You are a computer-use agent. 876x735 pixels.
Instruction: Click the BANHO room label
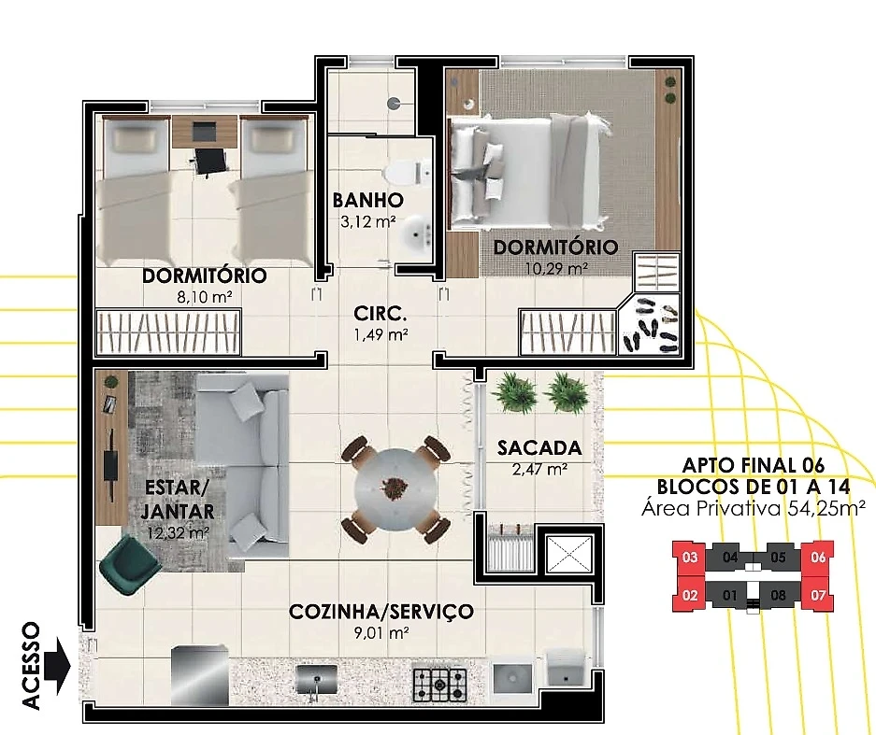click(x=367, y=200)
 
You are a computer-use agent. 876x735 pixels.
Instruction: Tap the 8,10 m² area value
click(x=205, y=297)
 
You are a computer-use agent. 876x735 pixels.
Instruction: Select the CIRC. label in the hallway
click(x=381, y=314)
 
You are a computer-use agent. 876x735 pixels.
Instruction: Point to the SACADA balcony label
click(x=539, y=447)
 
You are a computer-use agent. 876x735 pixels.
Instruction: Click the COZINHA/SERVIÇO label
click(x=381, y=612)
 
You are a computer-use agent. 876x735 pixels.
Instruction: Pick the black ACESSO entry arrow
click(x=58, y=665)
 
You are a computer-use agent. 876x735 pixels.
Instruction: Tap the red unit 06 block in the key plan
click(x=818, y=557)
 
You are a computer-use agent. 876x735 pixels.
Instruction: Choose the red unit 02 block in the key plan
click(x=690, y=595)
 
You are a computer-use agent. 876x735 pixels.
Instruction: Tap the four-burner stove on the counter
click(x=440, y=685)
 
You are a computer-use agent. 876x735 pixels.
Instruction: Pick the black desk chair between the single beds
click(x=210, y=162)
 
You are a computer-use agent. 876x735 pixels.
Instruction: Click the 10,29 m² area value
click(x=556, y=269)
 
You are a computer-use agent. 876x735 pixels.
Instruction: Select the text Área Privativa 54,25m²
click(x=754, y=508)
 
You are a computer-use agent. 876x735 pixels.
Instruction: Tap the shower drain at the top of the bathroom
click(x=394, y=103)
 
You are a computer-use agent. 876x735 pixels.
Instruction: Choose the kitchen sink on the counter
click(x=317, y=680)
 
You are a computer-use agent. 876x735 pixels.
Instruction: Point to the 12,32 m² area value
click(x=178, y=533)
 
